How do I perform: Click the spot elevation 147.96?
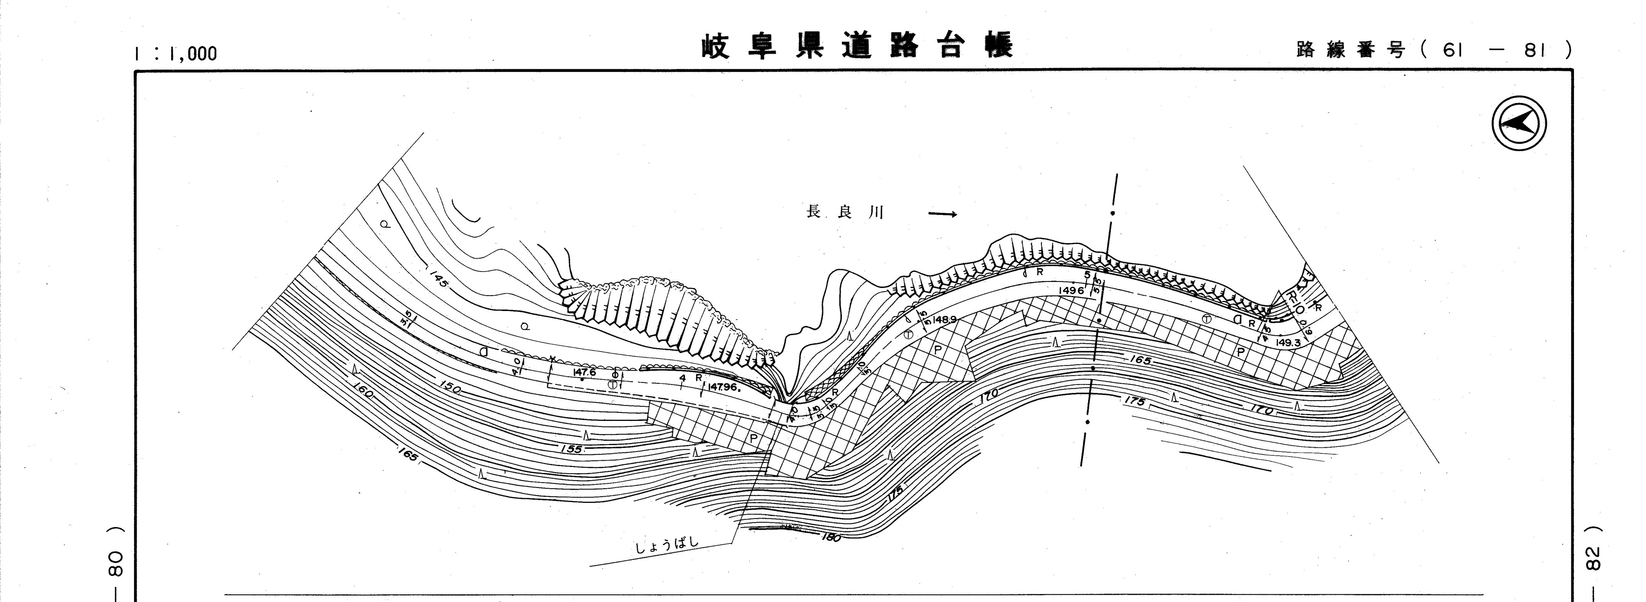(722, 387)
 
